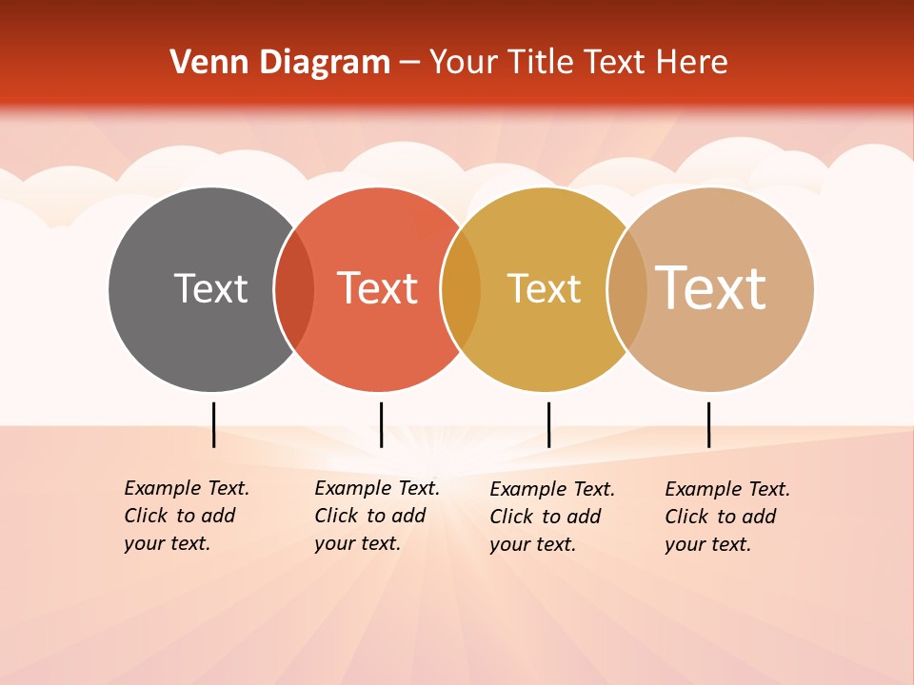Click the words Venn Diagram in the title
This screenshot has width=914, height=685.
[280, 63]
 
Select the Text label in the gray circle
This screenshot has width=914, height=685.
[210, 288]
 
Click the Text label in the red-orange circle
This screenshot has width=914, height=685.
[378, 288]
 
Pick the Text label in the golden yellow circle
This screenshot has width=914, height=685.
[544, 288]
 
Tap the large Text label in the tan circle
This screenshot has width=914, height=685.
[711, 288]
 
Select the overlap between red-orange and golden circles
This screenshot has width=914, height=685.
[461, 288]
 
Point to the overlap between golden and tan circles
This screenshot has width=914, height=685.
[626, 288]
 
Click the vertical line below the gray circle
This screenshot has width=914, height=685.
[213, 424]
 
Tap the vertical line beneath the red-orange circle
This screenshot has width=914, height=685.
[381, 424]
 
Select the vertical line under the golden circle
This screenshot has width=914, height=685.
[548, 424]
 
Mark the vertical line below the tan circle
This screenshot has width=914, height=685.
[708, 424]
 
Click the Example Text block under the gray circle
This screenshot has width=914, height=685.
[186, 516]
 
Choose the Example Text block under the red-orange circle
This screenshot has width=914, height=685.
[376, 516]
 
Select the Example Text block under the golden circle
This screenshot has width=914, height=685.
[551, 517]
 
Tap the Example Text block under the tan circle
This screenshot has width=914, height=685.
[726, 517]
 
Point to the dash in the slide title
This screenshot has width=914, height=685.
[409, 64]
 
